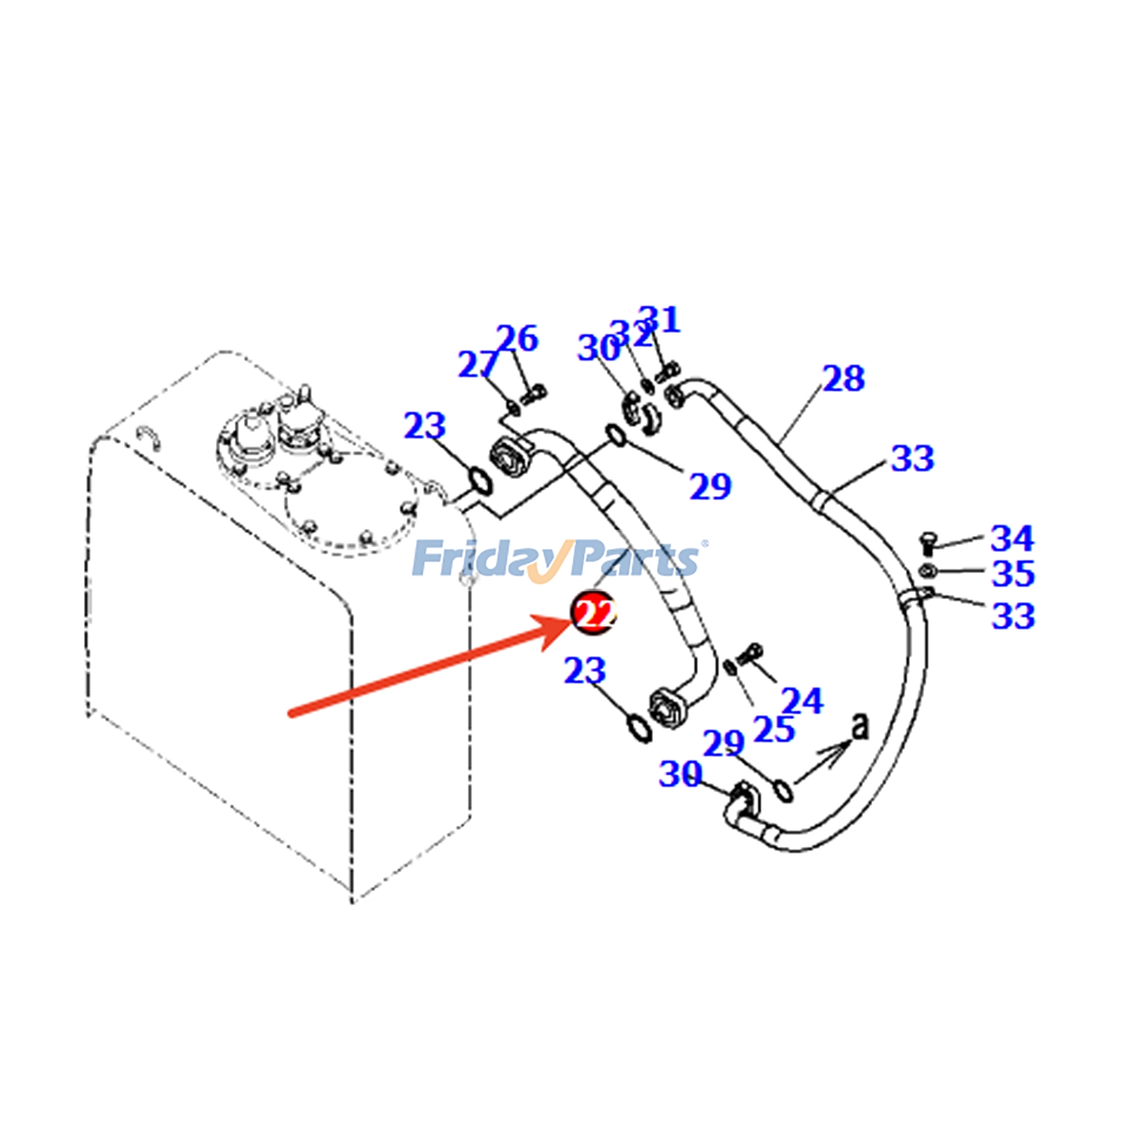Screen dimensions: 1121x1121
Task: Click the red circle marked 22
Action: pyautogui.click(x=593, y=613)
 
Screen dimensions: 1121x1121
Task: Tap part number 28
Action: pyautogui.click(x=844, y=378)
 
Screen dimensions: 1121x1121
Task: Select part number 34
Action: pyautogui.click(x=1012, y=538)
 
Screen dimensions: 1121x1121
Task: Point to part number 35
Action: pyautogui.click(x=1013, y=573)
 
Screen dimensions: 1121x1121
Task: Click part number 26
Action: pyautogui.click(x=517, y=338)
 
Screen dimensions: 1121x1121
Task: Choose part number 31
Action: pyautogui.click(x=659, y=319)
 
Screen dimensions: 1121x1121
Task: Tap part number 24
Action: pyautogui.click(x=802, y=701)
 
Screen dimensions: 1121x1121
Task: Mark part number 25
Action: pyautogui.click(x=774, y=729)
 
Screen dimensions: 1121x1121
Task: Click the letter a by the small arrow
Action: pyautogui.click(x=860, y=726)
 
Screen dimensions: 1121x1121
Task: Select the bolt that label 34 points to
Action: pyautogui.click(x=926, y=544)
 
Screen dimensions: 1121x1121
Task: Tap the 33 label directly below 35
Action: pyautogui.click(x=1013, y=616)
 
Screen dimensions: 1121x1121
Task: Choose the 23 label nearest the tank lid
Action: pyautogui.click(x=425, y=426)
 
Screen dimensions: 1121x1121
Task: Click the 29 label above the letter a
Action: pyautogui.click(x=723, y=743)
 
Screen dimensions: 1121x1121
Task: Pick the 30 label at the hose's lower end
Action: pyautogui.click(x=680, y=774)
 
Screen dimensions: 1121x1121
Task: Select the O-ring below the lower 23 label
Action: pyautogui.click(x=638, y=727)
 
